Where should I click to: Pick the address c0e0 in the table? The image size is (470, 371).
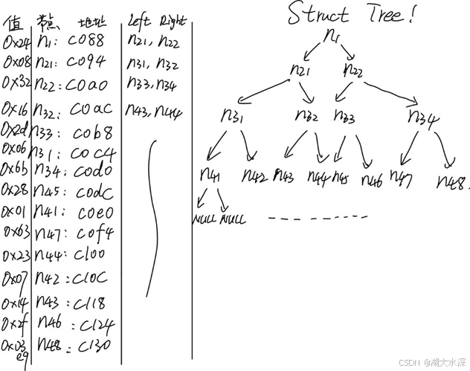94,212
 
